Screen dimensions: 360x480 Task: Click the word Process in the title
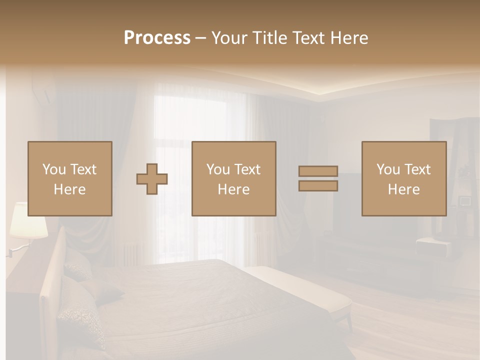[157, 38]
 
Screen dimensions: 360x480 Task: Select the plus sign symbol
[152, 178]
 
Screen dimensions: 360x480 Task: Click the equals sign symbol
[318, 178]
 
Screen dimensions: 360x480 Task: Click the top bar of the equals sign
[318, 171]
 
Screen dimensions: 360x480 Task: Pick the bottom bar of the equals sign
[318, 185]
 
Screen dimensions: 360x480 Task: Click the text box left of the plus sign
[69, 178]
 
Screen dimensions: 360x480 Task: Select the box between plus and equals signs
[233, 178]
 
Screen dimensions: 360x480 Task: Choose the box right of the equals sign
[403, 178]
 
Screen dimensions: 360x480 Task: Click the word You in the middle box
[218, 169]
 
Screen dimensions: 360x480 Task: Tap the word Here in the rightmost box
[403, 189]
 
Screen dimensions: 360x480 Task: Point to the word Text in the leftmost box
[83, 169]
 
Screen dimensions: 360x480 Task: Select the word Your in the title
[229, 38]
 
